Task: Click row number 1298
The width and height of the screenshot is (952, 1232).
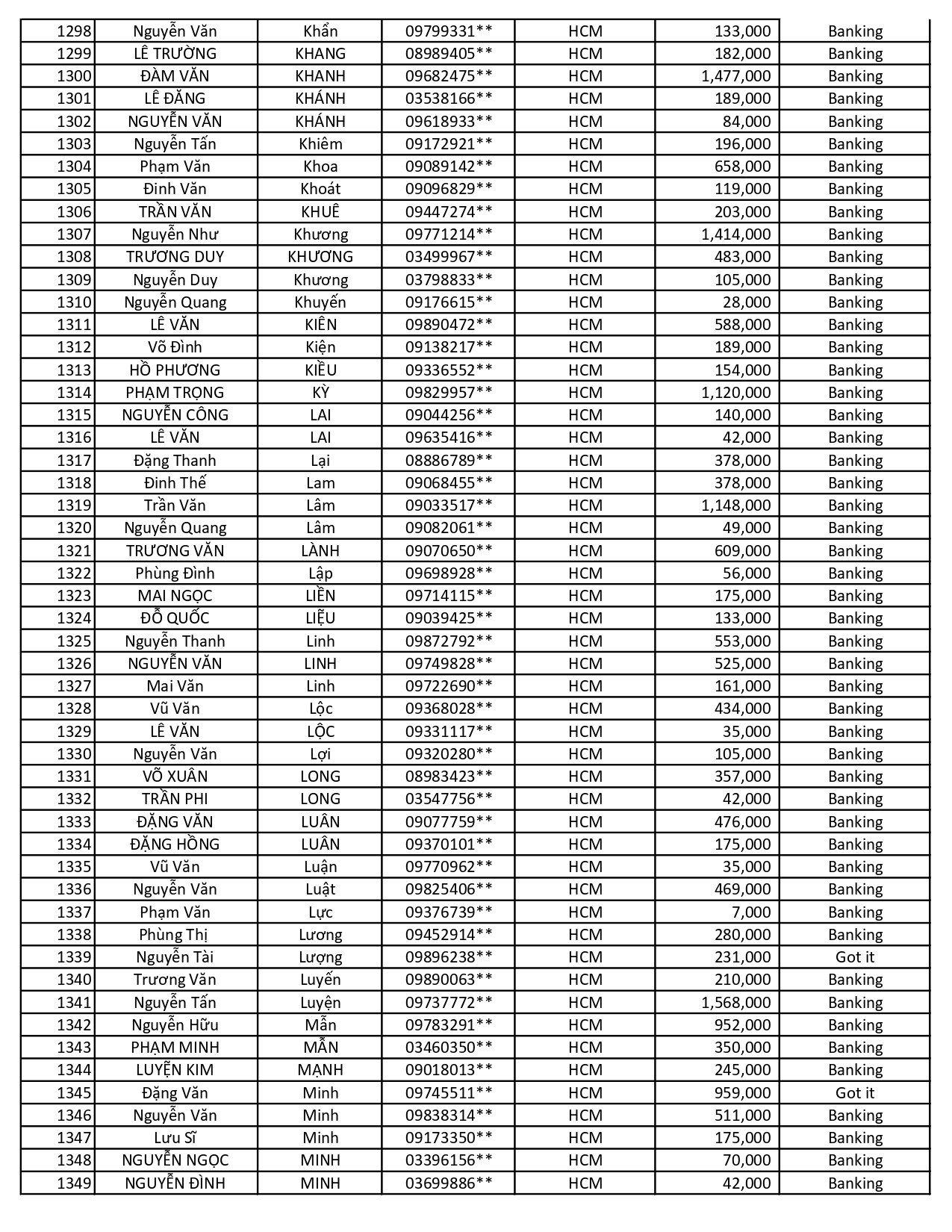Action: (74, 31)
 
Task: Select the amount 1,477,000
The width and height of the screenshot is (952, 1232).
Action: (735, 76)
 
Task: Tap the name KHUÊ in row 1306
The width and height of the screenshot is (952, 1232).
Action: (320, 212)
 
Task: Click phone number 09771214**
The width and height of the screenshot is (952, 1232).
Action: (449, 234)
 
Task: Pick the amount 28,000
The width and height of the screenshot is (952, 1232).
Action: (746, 302)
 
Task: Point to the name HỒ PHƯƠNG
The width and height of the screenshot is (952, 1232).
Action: (175, 370)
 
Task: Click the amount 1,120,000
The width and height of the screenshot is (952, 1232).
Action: (735, 393)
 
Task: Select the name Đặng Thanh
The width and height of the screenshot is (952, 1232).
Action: (175, 461)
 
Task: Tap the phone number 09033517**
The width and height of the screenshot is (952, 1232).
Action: (449, 505)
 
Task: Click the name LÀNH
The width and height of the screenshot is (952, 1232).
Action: (320, 551)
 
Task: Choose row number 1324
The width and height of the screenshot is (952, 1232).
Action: (74, 618)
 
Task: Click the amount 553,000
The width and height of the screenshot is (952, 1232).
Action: (742, 641)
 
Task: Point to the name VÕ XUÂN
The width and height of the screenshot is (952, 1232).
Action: (175, 777)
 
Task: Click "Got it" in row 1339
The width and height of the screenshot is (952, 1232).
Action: (855, 957)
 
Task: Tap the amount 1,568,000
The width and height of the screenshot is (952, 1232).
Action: (735, 1003)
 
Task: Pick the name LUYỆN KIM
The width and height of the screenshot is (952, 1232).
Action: (175, 1070)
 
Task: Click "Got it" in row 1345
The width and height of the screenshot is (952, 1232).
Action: (855, 1093)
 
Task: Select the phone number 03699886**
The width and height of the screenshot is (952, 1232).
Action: (449, 1183)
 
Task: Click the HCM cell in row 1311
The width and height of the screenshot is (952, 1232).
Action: (585, 325)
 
